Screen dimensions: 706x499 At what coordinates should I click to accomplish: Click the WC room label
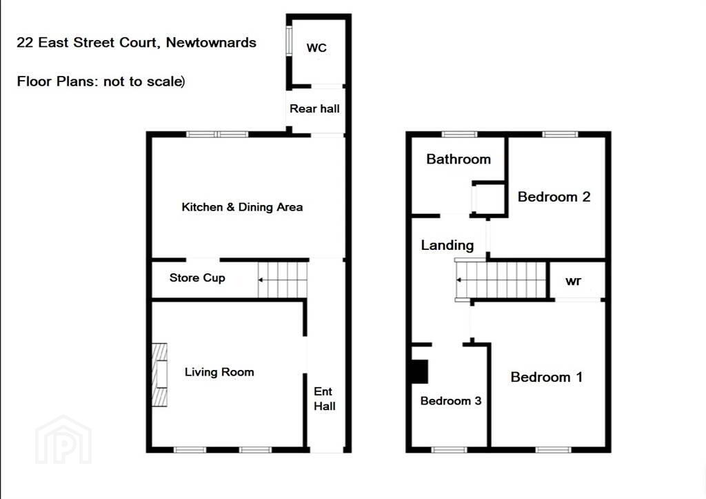click(316, 48)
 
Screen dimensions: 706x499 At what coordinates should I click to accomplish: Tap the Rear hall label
click(314, 108)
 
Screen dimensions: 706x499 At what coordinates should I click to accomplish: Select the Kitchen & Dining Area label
click(242, 207)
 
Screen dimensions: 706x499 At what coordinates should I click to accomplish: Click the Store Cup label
click(197, 277)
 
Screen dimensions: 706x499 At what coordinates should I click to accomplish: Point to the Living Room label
click(219, 372)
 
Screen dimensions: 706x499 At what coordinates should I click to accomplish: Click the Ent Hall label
click(324, 398)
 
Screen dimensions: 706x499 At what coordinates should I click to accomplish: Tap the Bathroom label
click(458, 159)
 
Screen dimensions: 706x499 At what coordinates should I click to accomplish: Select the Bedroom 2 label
click(554, 197)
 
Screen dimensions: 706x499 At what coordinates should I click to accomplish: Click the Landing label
click(447, 245)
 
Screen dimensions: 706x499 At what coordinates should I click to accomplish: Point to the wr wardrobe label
click(573, 282)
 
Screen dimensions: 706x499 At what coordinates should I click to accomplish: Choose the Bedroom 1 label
click(547, 377)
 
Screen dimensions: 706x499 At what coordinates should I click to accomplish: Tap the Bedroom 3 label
click(451, 401)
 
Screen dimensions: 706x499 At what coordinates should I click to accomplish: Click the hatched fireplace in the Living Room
click(159, 375)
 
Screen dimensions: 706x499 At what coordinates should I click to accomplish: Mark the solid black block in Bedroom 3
click(420, 371)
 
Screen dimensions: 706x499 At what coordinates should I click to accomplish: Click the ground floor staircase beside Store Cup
click(283, 280)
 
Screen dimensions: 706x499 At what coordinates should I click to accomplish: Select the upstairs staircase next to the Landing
click(501, 280)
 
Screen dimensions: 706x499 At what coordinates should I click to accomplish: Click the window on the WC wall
click(289, 41)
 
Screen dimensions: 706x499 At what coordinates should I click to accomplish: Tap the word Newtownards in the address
click(211, 42)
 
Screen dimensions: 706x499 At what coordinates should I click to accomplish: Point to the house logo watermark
click(63, 440)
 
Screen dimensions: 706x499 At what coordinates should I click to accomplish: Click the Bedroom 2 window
click(560, 134)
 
